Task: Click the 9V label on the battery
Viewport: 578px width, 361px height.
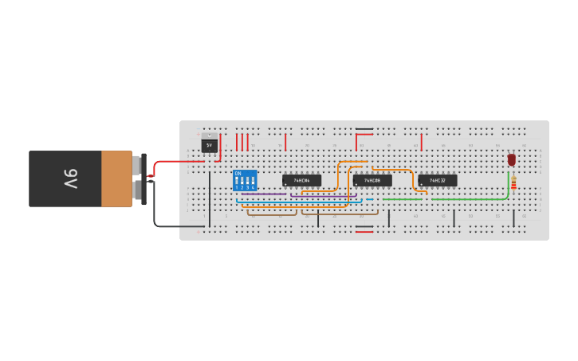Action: tap(69, 179)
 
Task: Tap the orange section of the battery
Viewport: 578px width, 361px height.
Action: tap(116, 179)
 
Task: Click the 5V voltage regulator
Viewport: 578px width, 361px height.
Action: tap(210, 146)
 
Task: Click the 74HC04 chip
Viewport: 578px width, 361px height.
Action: tap(301, 181)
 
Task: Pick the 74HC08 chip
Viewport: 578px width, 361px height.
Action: tap(372, 181)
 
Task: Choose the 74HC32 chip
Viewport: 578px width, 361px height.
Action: tap(438, 181)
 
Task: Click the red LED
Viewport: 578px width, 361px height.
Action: tap(511, 160)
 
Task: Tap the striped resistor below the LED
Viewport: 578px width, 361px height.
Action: tap(513, 184)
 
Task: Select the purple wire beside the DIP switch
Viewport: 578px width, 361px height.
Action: tap(263, 194)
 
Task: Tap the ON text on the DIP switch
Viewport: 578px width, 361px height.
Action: tap(238, 173)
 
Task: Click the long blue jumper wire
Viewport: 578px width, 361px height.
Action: tap(303, 202)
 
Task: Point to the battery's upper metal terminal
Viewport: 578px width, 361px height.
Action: tap(138, 166)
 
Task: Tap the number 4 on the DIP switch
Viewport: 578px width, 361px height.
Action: tap(254, 187)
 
